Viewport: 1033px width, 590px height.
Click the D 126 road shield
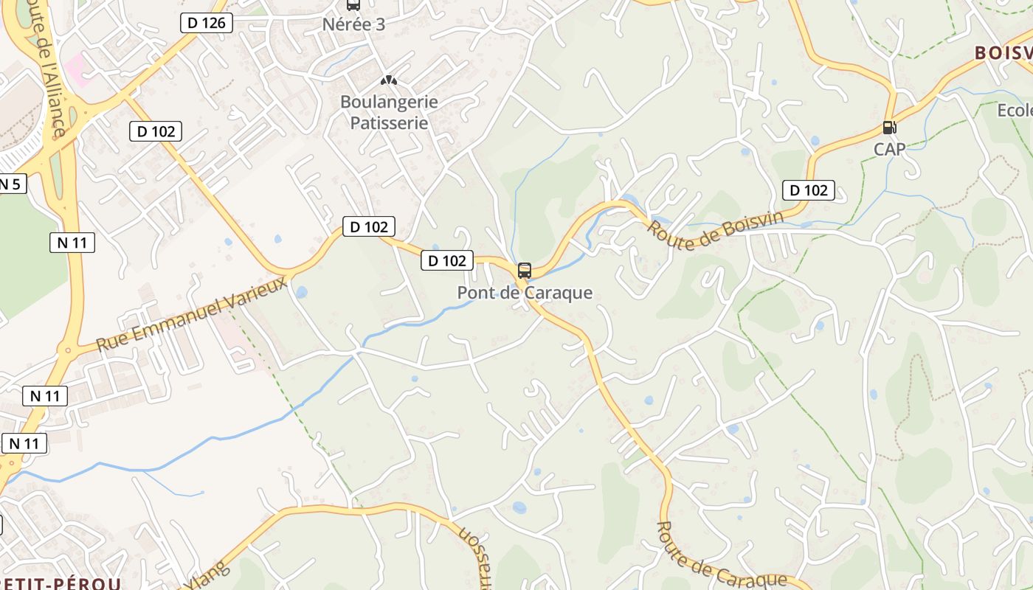207,23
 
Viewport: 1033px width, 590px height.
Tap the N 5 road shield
10,184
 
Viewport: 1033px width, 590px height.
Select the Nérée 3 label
353,24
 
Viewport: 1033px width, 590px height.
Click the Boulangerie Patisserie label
389,112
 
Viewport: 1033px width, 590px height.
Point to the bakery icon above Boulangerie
388,80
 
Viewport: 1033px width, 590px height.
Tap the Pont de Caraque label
525,293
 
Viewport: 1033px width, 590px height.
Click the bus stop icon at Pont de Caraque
525,270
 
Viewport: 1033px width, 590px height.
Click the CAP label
889,149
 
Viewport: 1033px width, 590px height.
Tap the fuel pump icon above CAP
889,128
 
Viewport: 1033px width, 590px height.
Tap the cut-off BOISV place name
1003,53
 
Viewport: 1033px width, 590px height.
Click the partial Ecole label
1015,111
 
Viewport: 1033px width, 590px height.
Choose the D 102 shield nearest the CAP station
809,190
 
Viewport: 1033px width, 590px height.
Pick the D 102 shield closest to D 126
156,131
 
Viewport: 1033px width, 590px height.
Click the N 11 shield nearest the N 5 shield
72,242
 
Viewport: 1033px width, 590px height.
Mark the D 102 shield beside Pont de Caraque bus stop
447,260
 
